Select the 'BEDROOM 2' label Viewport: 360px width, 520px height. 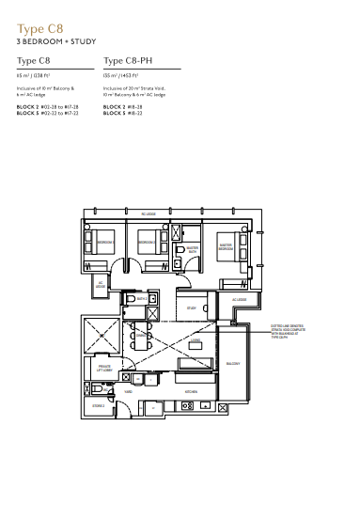(146, 243)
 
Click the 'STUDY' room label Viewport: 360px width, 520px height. (191, 307)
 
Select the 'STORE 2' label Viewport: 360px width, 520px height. (99, 406)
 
